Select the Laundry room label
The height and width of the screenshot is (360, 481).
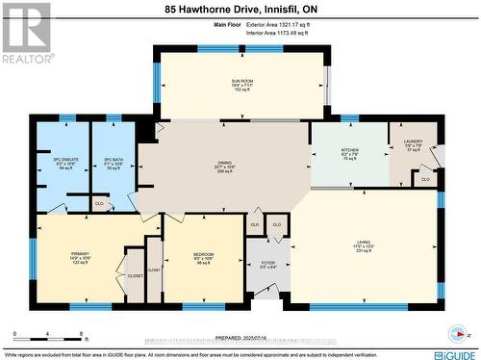[x=413, y=144]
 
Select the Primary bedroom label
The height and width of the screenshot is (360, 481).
[x=79, y=257]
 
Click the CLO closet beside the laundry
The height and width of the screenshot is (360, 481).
[x=425, y=179]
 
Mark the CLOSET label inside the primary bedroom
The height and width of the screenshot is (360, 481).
[x=135, y=274]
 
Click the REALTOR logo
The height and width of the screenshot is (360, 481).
[x=26, y=34]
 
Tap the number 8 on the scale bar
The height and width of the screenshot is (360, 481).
[x=84, y=335]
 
